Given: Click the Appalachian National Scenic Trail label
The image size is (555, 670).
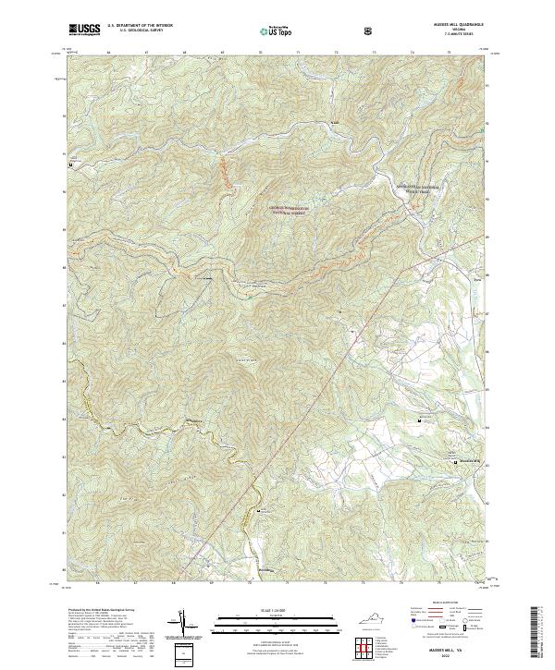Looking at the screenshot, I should (425, 189).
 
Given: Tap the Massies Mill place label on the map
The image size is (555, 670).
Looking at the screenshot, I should (468, 462).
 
